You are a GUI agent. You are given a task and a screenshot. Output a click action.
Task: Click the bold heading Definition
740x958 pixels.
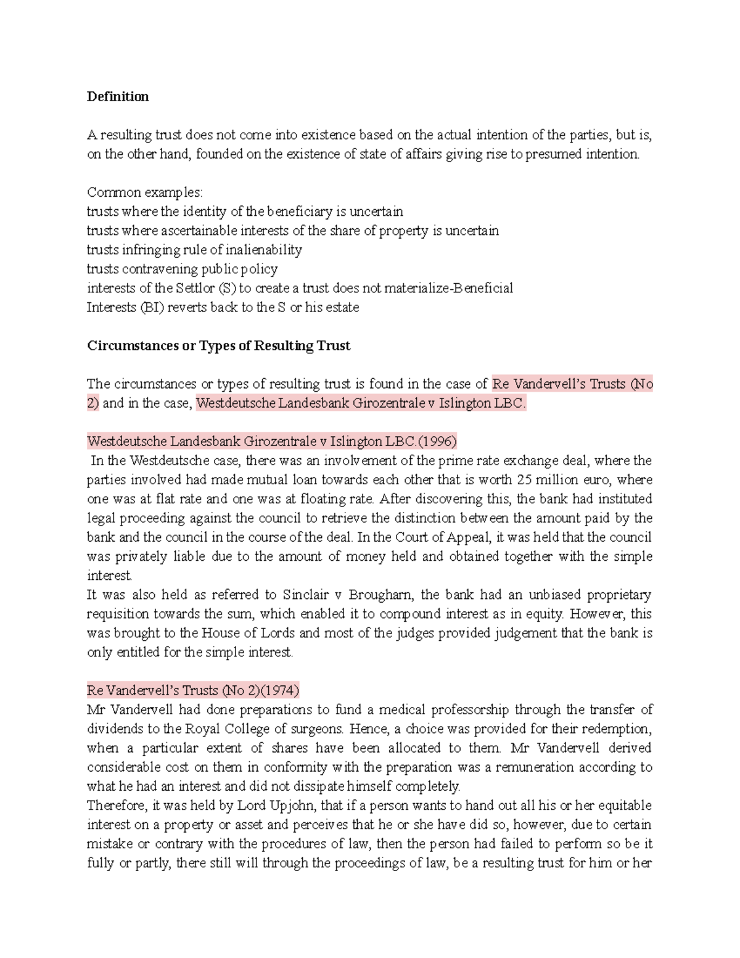pyautogui.click(x=118, y=97)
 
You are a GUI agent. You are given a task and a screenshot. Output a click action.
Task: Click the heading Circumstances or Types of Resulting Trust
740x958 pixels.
pyautogui.click(x=218, y=345)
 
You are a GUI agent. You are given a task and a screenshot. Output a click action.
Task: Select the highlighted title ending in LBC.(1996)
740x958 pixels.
pyautogui.click(x=271, y=442)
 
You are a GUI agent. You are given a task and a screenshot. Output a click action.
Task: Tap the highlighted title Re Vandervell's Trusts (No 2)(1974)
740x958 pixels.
pyautogui.click(x=193, y=690)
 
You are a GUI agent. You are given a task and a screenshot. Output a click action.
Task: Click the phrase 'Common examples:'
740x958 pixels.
pyautogui.click(x=144, y=192)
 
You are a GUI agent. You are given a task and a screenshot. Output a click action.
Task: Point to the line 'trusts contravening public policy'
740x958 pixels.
pyautogui.click(x=182, y=269)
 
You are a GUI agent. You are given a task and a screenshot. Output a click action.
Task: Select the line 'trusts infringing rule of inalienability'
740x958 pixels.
pyautogui.click(x=194, y=250)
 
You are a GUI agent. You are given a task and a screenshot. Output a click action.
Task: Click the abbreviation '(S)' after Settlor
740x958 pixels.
pyautogui.click(x=228, y=288)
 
